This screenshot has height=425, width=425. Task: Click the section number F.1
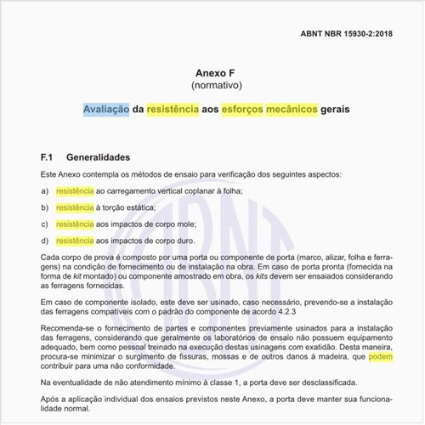(x=48, y=157)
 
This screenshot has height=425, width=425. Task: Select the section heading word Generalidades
(x=98, y=157)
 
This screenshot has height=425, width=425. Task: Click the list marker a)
(x=44, y=190)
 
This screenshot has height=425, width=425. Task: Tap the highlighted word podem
(x=380, y=358)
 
